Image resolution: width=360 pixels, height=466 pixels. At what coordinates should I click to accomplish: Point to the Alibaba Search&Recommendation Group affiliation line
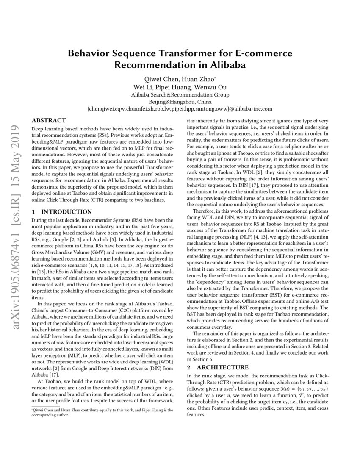point(180,94)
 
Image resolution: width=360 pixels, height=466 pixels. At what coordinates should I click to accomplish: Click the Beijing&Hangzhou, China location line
point(180,102)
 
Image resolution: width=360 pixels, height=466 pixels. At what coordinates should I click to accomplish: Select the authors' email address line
point(180,109)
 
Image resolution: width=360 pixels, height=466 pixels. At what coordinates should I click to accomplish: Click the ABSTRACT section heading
point(49,121)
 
